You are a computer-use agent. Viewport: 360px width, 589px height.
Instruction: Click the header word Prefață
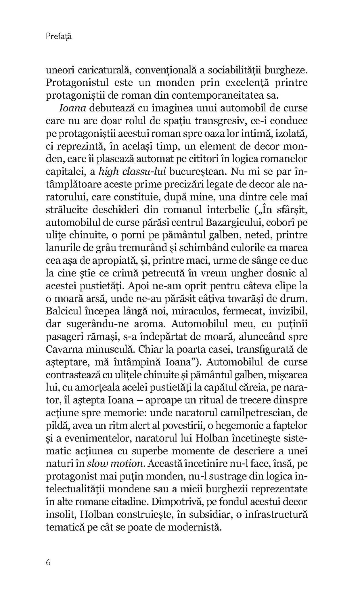point(58,37)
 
